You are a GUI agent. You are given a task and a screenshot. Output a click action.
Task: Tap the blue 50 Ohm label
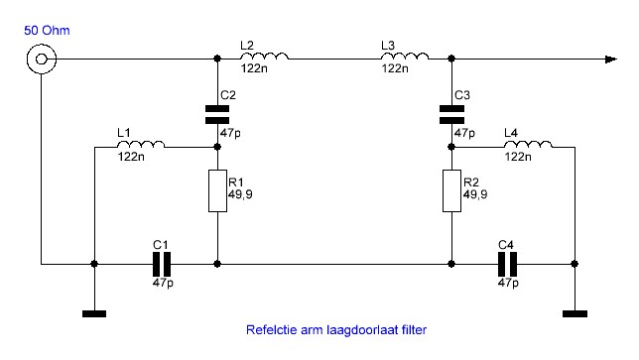tap(47, 31)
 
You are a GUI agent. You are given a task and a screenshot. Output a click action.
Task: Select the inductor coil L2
tap(265, 57)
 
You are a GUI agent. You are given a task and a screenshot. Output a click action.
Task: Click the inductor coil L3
tap(405, 57)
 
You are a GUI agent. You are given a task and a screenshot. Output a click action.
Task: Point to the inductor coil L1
tap(141, 144)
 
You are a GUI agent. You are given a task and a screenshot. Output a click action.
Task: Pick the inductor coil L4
tap(528, 144)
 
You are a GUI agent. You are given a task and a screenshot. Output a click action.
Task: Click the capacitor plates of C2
tap(217, 114)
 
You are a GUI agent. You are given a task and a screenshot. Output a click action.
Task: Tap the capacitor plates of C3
tap(451, 114)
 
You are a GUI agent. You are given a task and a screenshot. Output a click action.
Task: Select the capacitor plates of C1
tap(162, 264)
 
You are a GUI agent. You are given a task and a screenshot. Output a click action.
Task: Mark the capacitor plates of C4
tap(508, 264)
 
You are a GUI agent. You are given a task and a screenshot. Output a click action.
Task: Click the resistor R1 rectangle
tap(217, 191)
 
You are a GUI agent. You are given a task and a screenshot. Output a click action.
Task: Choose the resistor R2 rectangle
tap(451, 191)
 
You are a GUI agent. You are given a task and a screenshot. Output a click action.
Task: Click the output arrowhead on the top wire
tap(611, 60)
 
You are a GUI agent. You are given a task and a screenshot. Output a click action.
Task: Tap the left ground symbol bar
tap(94, 313)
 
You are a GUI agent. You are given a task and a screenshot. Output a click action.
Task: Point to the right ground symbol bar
tap(575, 313)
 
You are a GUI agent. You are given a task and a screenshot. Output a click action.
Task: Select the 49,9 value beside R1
tap(240, 194)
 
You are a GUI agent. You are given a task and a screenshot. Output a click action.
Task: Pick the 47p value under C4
tap(508, 283)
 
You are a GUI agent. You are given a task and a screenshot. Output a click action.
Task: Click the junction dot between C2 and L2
tap(217, 59)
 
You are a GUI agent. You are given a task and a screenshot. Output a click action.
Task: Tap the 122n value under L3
tap(395, 68)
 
